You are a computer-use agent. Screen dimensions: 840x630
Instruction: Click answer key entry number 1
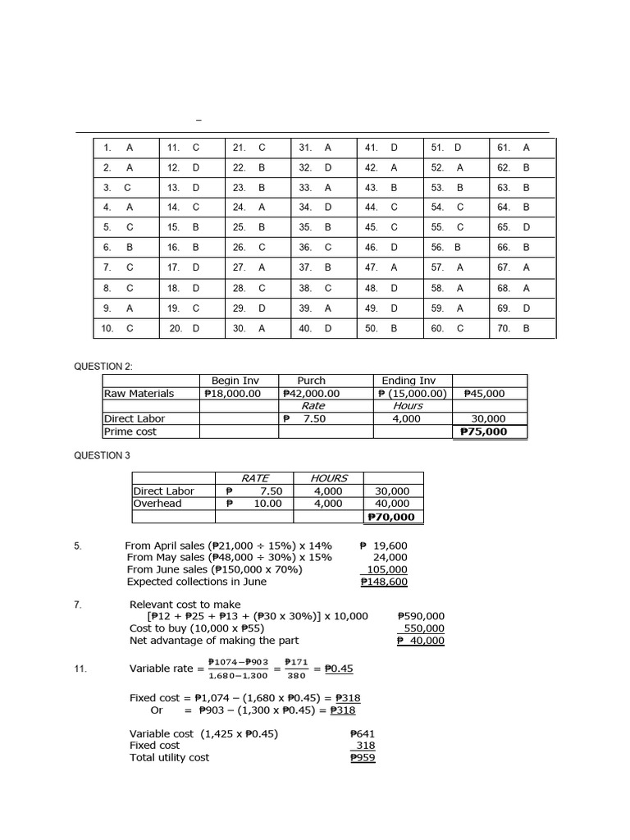pos(118,148)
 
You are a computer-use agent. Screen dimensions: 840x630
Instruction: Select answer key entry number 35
pos(316,227)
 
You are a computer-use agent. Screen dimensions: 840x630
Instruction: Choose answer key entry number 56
pos(447,247)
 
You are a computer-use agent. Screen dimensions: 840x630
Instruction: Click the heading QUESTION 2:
pos(103,367)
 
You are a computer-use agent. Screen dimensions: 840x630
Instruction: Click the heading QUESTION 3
pos(102,455)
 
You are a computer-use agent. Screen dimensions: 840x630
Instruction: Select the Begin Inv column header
pos(236,381)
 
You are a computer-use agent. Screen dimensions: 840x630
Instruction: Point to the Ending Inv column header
pos(409,381)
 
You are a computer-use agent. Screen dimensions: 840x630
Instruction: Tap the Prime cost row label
pos(130,431)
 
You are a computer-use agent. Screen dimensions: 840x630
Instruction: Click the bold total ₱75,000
pos(483,431)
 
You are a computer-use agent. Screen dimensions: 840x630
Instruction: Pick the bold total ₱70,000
pos(391,517)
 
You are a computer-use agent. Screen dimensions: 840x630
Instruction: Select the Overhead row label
pos(157,504)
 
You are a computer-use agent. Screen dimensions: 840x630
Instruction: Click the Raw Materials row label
pos(139,393)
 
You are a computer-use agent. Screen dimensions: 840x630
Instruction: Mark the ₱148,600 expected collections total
pos(384,582)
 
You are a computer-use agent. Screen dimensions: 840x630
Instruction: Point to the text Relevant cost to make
pos(185,605)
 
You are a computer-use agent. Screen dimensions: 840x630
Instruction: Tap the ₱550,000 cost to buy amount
pos(421,628)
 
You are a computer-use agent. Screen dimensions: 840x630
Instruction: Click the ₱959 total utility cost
pos(362,758)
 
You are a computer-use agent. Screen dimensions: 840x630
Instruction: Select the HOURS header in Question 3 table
pos(329,478)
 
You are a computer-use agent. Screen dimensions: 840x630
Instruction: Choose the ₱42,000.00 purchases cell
pos(311,393)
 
